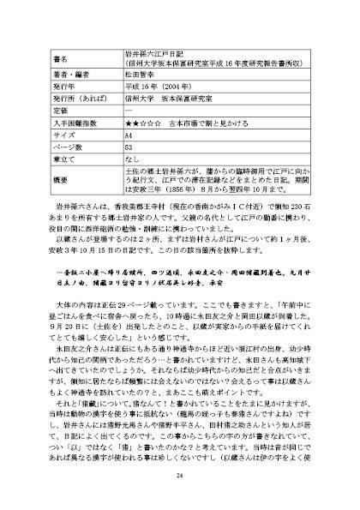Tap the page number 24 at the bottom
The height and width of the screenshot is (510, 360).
(180, 477)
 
